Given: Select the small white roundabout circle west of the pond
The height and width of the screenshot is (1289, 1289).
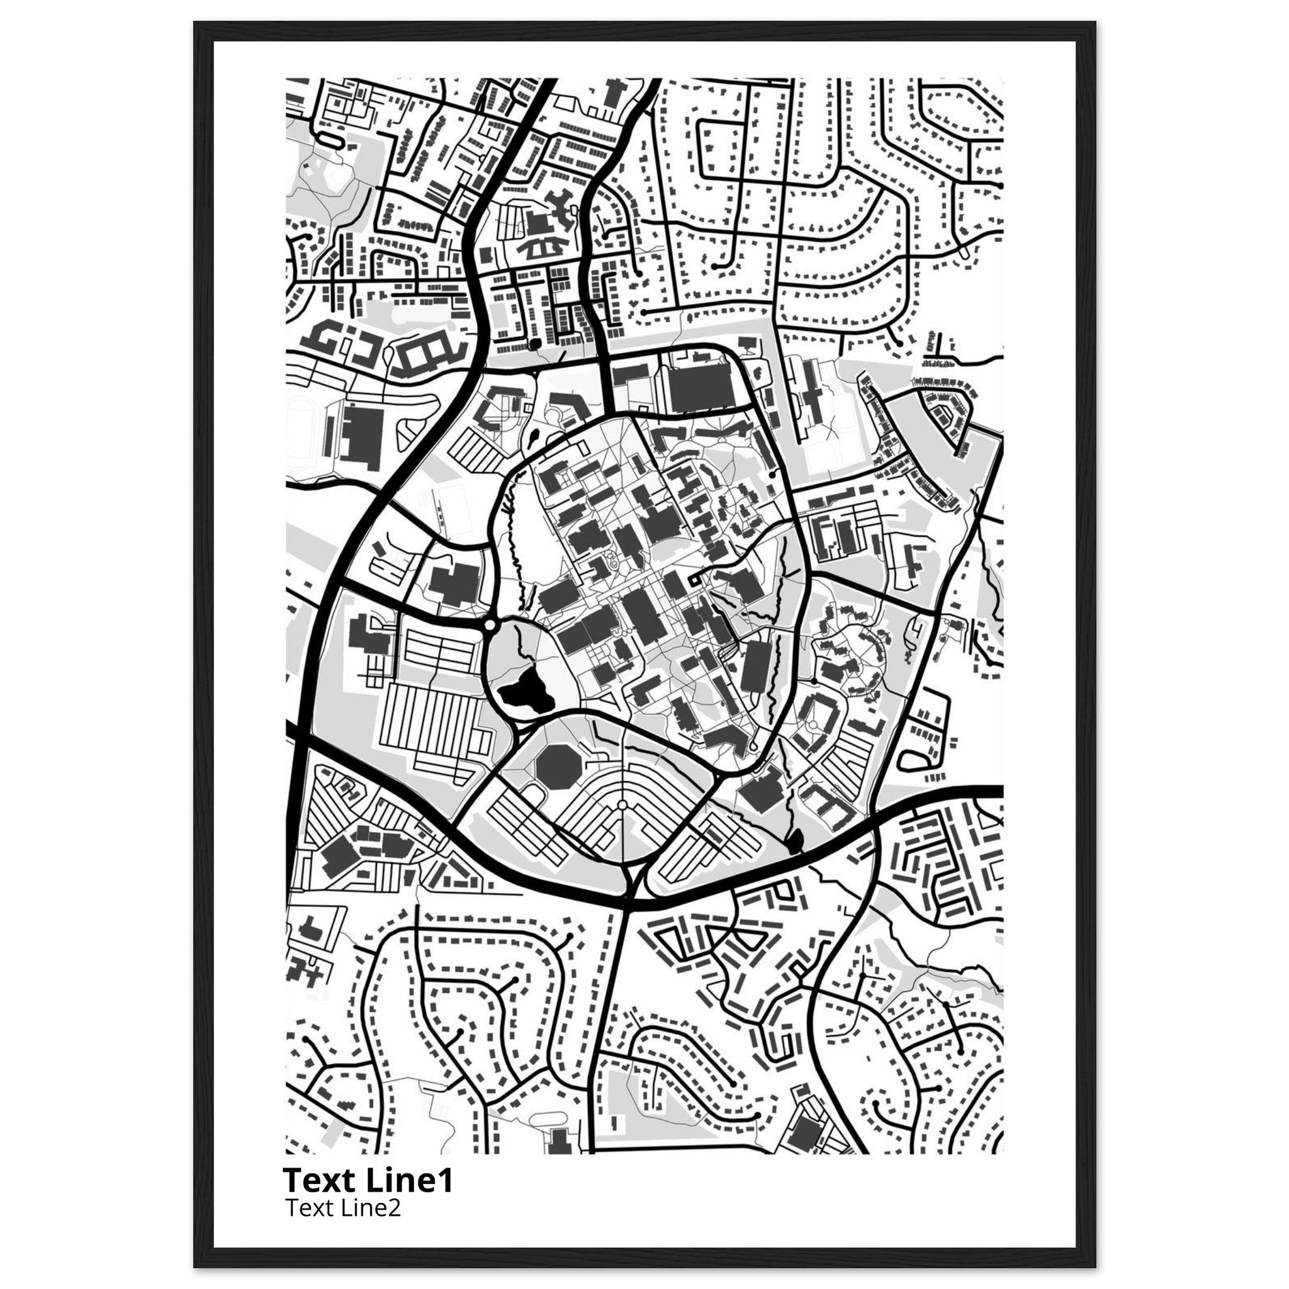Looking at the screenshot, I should click(490, 625).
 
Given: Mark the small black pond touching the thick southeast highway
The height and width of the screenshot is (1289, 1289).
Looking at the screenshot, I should click(796, 843).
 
